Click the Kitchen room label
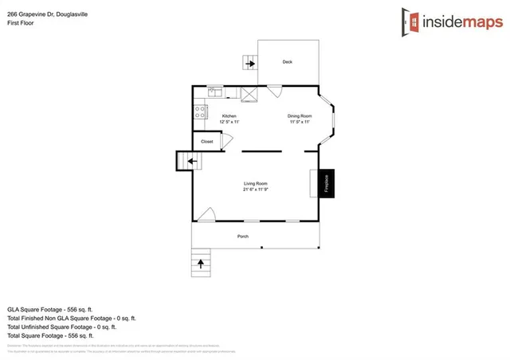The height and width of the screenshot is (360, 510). point(229,116)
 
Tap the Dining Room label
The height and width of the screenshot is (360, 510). point(300,116)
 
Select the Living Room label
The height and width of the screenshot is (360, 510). point(255,184)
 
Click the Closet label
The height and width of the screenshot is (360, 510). point(206,142)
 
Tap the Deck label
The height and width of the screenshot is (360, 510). point(288,61)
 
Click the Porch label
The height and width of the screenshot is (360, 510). point(243,237)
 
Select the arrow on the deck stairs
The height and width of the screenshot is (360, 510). point(249,63)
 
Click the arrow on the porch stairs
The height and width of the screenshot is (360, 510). point(200,261)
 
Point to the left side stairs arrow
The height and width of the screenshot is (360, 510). point(190,162)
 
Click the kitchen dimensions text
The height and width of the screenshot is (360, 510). point(229,122)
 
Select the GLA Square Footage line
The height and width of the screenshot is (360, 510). point(50,308)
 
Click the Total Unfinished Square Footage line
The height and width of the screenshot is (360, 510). point(61,327)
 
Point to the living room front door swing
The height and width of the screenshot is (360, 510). point(206,214)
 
